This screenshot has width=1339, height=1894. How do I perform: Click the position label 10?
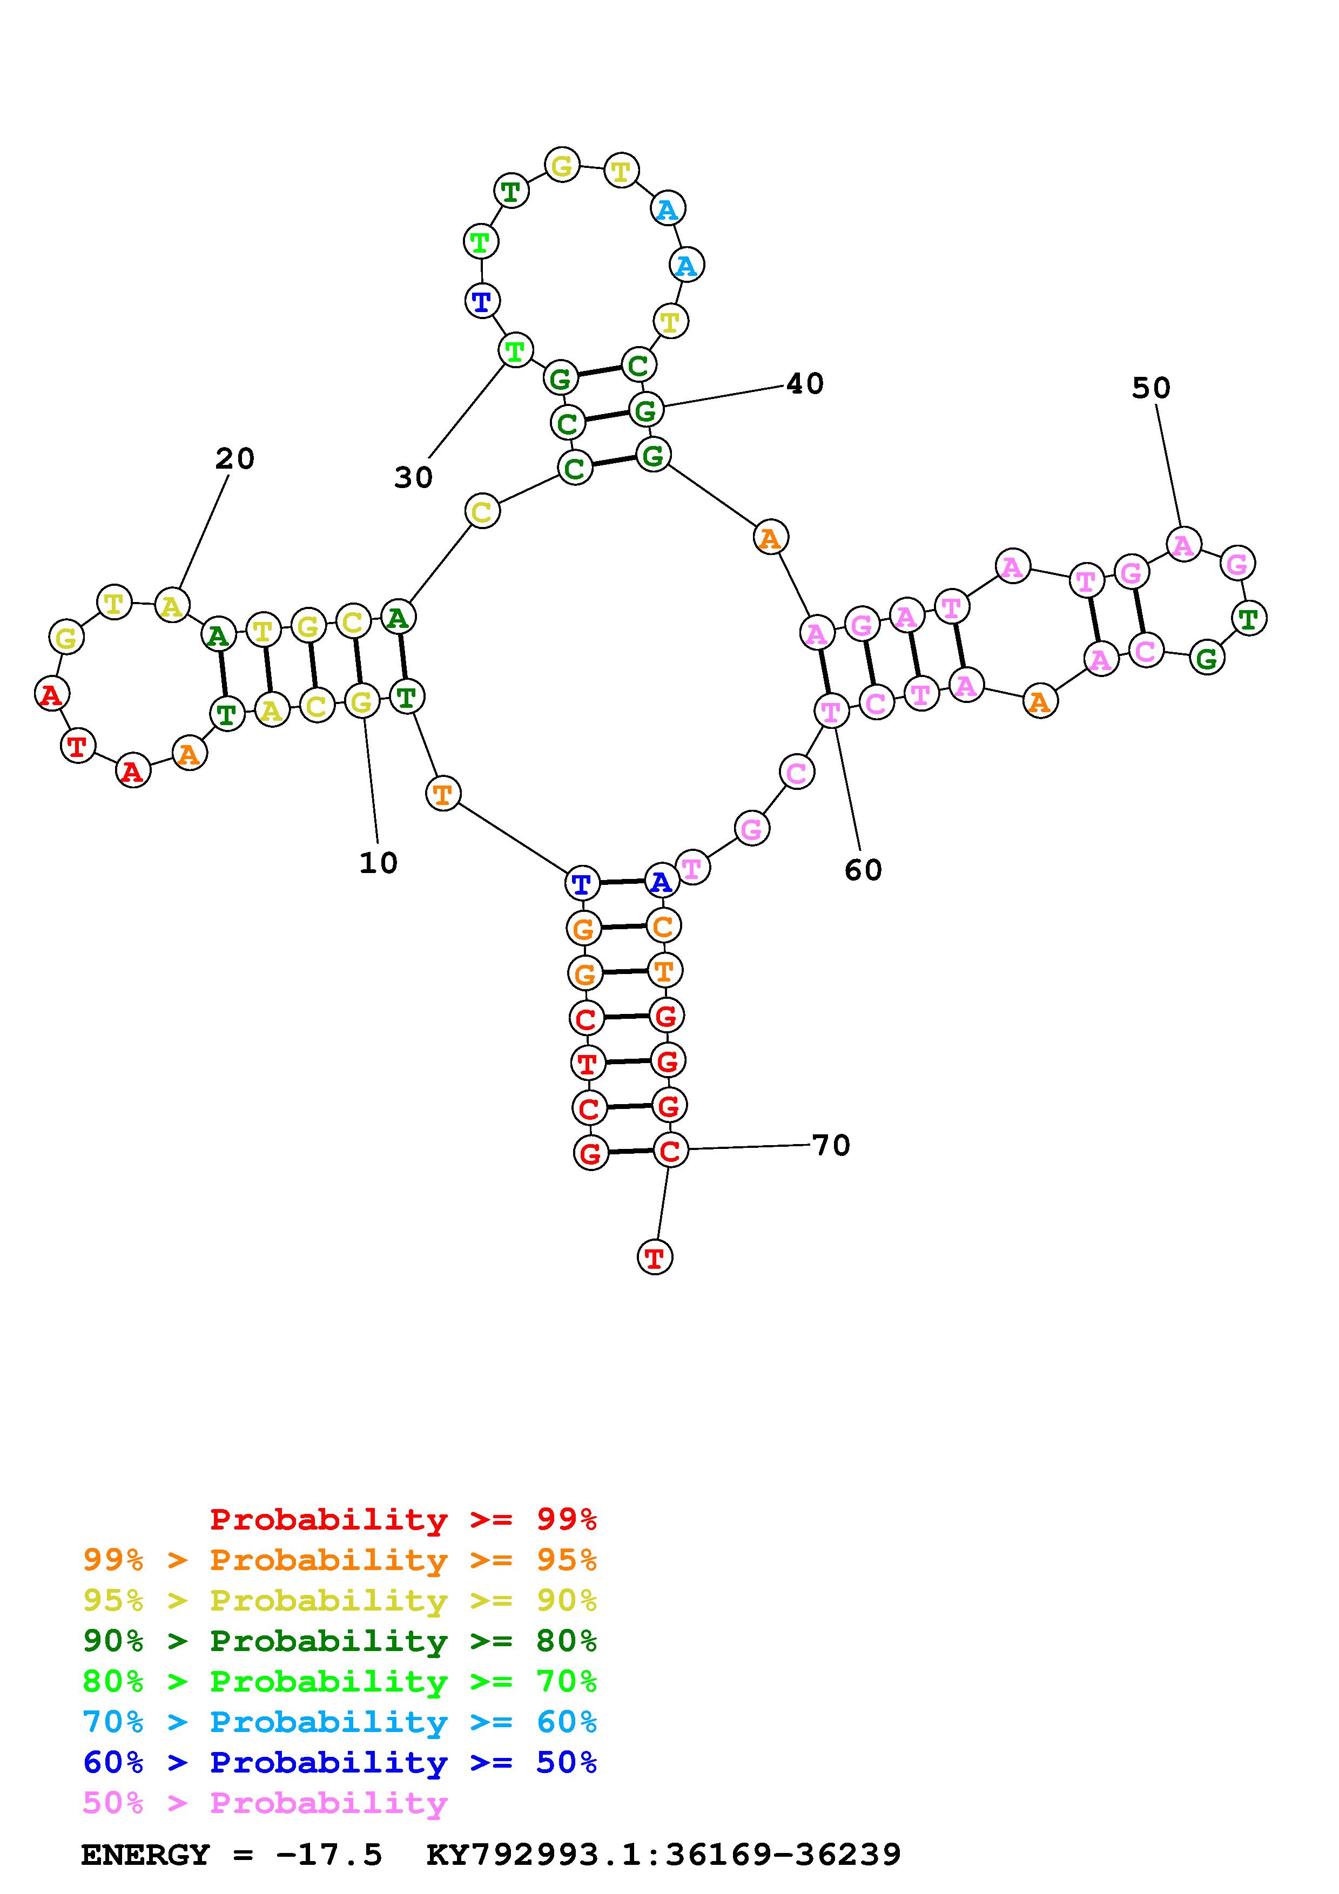[x=378, y=863]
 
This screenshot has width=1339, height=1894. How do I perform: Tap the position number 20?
[x=235, y=458]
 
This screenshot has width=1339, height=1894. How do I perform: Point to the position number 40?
[x=804, y=383]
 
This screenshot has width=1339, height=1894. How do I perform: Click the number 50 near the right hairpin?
[x=1151, y=388]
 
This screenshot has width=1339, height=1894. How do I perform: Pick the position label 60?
[x=863, y=869]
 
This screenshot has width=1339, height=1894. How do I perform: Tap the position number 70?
[x=831, y=1145]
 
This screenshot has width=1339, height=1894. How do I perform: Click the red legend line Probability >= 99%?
[x=403, y=1519]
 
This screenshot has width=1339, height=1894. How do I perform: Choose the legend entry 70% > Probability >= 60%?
[x=340, y=1722]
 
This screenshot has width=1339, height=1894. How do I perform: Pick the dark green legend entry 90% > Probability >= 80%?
[x=340, y=1641]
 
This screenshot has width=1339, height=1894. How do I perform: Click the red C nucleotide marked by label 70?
[x=670, y=1151]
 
